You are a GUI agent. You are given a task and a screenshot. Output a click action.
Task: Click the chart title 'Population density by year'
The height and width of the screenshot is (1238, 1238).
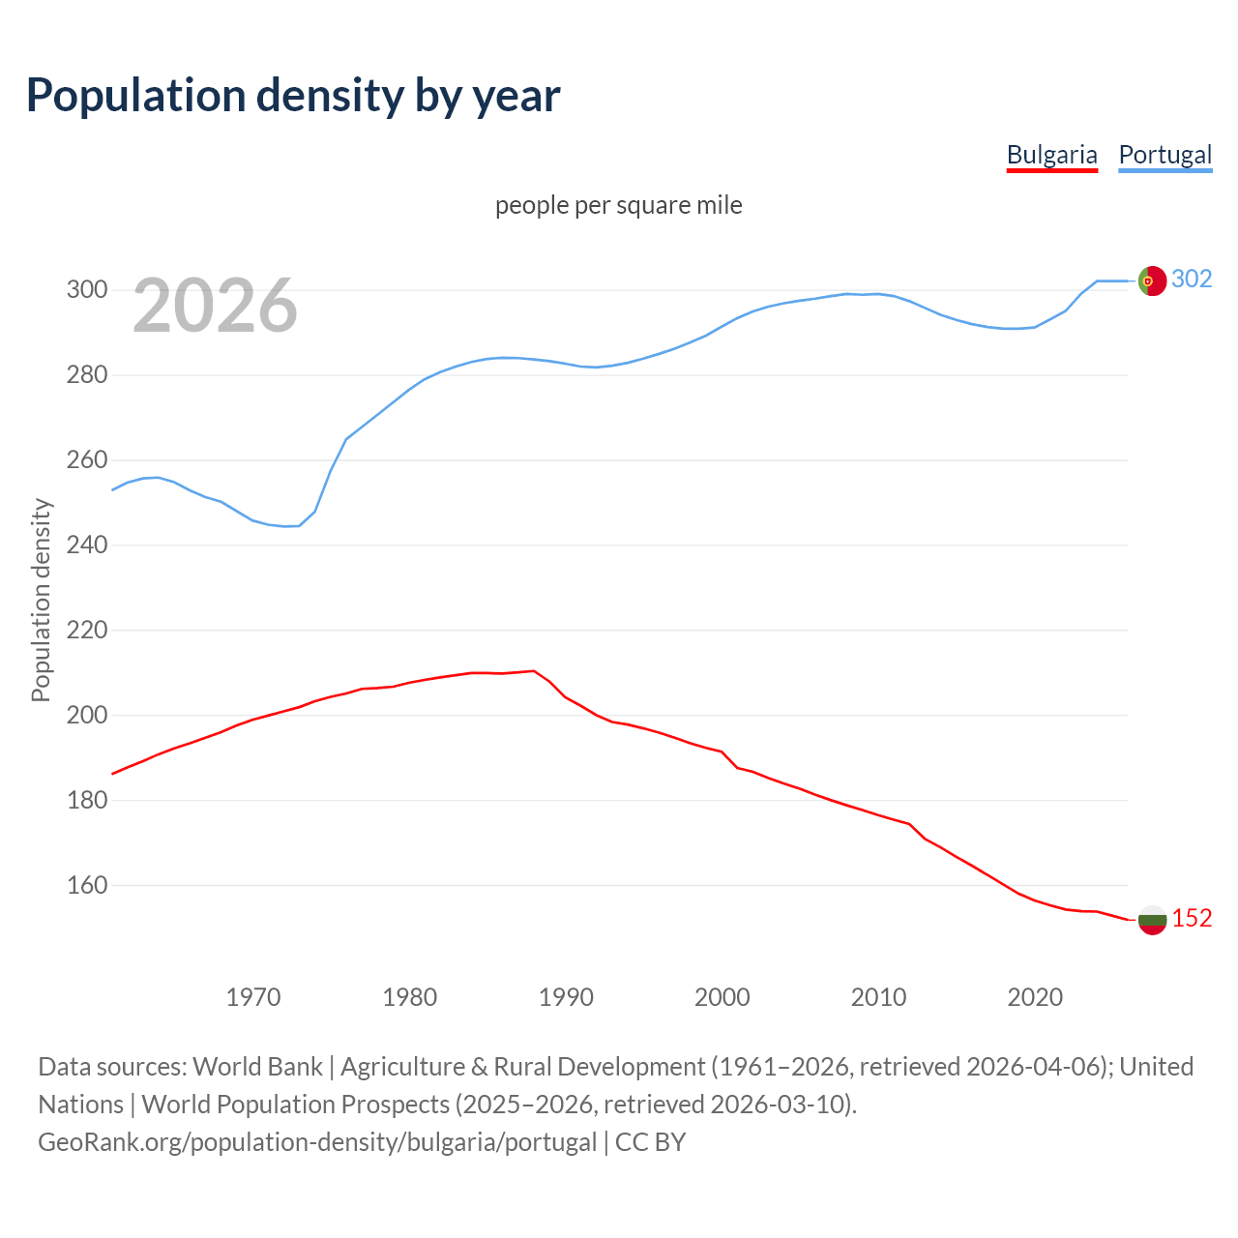coord(293,95)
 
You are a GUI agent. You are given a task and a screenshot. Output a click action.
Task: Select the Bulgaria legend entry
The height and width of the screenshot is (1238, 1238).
coord(1051,155)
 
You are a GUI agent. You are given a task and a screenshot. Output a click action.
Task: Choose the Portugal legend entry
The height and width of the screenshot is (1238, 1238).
coord(1164,155)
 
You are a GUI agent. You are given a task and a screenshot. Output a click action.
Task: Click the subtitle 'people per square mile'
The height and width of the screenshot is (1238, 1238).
coord(618,205)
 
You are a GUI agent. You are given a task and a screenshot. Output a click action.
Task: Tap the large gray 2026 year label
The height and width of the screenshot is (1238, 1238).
coord(215,306)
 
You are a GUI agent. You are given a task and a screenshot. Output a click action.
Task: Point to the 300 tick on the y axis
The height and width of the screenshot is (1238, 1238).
coord(86,289)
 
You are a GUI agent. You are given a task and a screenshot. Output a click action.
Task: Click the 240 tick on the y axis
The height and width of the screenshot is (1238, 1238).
coord(86,545)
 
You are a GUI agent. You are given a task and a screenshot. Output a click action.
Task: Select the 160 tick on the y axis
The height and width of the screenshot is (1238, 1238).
coord(86,885)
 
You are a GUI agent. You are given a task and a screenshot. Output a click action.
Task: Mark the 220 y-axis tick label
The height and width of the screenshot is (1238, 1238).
coord(86,630)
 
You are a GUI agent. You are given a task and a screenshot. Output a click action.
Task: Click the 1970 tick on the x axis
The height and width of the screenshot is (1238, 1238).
coord(253,996)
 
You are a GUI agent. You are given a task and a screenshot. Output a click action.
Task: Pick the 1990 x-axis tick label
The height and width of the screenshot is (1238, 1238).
coord(566,996)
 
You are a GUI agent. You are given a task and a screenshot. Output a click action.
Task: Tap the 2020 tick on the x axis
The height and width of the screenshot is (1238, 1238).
coord(1035,996)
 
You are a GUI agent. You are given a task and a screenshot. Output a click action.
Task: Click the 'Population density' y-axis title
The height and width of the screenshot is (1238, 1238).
coord(41,600)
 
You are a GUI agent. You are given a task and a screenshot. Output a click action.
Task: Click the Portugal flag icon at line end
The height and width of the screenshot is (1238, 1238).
coord(1152,280)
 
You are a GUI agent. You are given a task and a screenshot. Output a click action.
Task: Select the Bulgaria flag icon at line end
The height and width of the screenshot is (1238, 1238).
coord(1152,919)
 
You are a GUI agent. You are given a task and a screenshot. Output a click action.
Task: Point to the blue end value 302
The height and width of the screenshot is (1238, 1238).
coord(1192,279)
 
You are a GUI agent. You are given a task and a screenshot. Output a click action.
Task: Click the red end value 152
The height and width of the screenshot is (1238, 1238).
coord(1192,918)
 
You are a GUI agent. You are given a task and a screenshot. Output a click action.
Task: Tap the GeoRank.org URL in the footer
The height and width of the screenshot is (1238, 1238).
coord(317,1141)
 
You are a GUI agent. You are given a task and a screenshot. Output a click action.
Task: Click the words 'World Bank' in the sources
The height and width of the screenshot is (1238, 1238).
coord(257,1066)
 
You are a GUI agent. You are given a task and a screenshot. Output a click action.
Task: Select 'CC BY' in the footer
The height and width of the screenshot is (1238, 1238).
coord(650,1141)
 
